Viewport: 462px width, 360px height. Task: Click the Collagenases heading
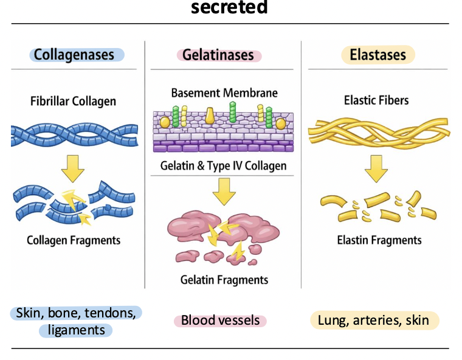click(74, 55)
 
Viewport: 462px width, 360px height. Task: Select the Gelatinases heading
click(219, 55)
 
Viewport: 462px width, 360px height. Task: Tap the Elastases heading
click(378, 55)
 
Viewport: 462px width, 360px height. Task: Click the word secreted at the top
click(230, 7)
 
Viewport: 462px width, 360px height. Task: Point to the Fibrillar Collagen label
click(73, 101)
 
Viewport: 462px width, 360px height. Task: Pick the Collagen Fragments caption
click(74, 240)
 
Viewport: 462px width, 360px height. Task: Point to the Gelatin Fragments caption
click(224, 280)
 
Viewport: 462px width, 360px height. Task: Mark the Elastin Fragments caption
click(379, 240)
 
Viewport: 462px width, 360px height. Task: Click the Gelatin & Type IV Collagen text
click(223, 166)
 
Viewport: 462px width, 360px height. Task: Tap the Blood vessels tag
click(220, 320)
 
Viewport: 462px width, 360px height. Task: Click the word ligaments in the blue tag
click(76, 330)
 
